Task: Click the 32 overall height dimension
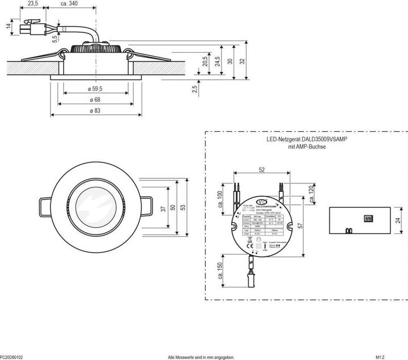click(x=241, y=61)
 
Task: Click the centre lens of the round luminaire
click(x=93, y=207)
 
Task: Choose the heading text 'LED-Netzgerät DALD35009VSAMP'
click(x=307, y=139)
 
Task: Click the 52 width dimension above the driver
click(x=262, y=169)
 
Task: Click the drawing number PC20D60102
click(x=12, y=357)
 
